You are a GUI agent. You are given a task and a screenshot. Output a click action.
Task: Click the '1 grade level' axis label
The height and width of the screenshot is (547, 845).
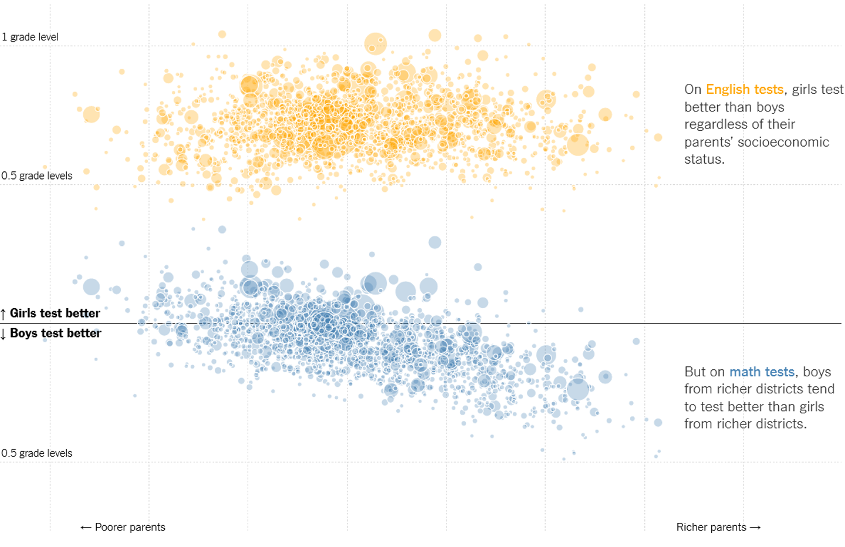tap(30, 37)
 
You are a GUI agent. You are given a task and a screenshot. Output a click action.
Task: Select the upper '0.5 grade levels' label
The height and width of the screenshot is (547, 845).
tap(37, 175)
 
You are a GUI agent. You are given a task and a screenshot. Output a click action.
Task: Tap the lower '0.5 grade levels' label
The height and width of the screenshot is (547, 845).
tap(37, 453)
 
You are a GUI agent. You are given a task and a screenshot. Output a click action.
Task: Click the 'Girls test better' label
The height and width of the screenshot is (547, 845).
tap(55, 313)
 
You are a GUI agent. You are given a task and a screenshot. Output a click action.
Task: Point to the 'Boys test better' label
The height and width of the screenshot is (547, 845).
tap(56, 333)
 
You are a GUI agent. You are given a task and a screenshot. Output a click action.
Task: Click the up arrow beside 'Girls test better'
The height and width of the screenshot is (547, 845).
tap(4, 314)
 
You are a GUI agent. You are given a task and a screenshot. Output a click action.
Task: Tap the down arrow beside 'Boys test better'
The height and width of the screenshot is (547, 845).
tap(4, 334)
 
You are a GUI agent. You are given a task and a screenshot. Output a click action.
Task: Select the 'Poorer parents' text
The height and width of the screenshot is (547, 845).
tap(130, 527)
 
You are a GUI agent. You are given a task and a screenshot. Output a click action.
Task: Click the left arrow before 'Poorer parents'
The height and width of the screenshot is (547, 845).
tap(86, 527)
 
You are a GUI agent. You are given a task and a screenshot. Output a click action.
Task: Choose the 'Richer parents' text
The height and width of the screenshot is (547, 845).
tap(711, 527)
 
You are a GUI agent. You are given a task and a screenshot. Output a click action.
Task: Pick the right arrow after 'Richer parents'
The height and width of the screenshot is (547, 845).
tap(755, 527)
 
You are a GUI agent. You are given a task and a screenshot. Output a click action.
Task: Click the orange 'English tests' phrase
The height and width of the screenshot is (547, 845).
tap(745, 89)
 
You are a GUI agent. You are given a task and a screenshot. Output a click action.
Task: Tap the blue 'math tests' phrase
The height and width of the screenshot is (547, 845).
tap(762, 372)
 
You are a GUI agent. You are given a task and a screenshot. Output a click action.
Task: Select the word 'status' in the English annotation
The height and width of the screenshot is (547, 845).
tap(702, 159)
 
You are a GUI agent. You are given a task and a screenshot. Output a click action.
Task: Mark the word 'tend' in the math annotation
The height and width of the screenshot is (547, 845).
tap(821, 389)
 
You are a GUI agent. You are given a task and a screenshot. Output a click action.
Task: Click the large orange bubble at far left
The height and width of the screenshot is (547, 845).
tap(91, 114)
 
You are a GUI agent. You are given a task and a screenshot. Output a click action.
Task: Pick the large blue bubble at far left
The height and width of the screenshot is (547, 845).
tap(91, 287)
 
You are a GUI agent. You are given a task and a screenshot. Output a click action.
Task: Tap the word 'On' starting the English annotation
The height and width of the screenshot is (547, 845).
tap(692, 89)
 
